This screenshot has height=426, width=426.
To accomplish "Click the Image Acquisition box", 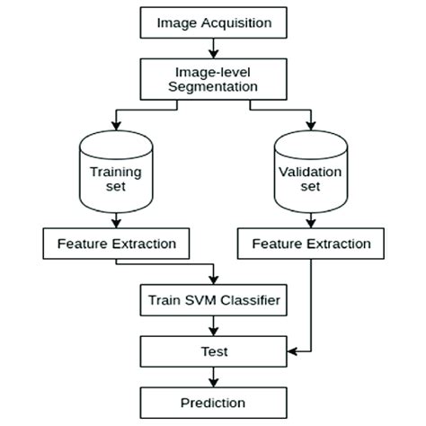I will click(x=213, y=22).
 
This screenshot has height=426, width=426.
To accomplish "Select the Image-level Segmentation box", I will click(x=213, y=78).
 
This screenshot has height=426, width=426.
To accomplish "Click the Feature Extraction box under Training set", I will click(x=117, y=243).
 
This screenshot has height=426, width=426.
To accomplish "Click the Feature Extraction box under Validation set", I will click(x=310, y=243).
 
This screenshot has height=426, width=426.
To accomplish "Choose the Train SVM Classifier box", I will click(x=213, y=299).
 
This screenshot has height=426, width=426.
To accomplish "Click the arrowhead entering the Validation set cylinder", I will click(x=310, y=127).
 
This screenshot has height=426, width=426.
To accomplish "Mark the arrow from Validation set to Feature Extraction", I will click(x=310, y=220).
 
